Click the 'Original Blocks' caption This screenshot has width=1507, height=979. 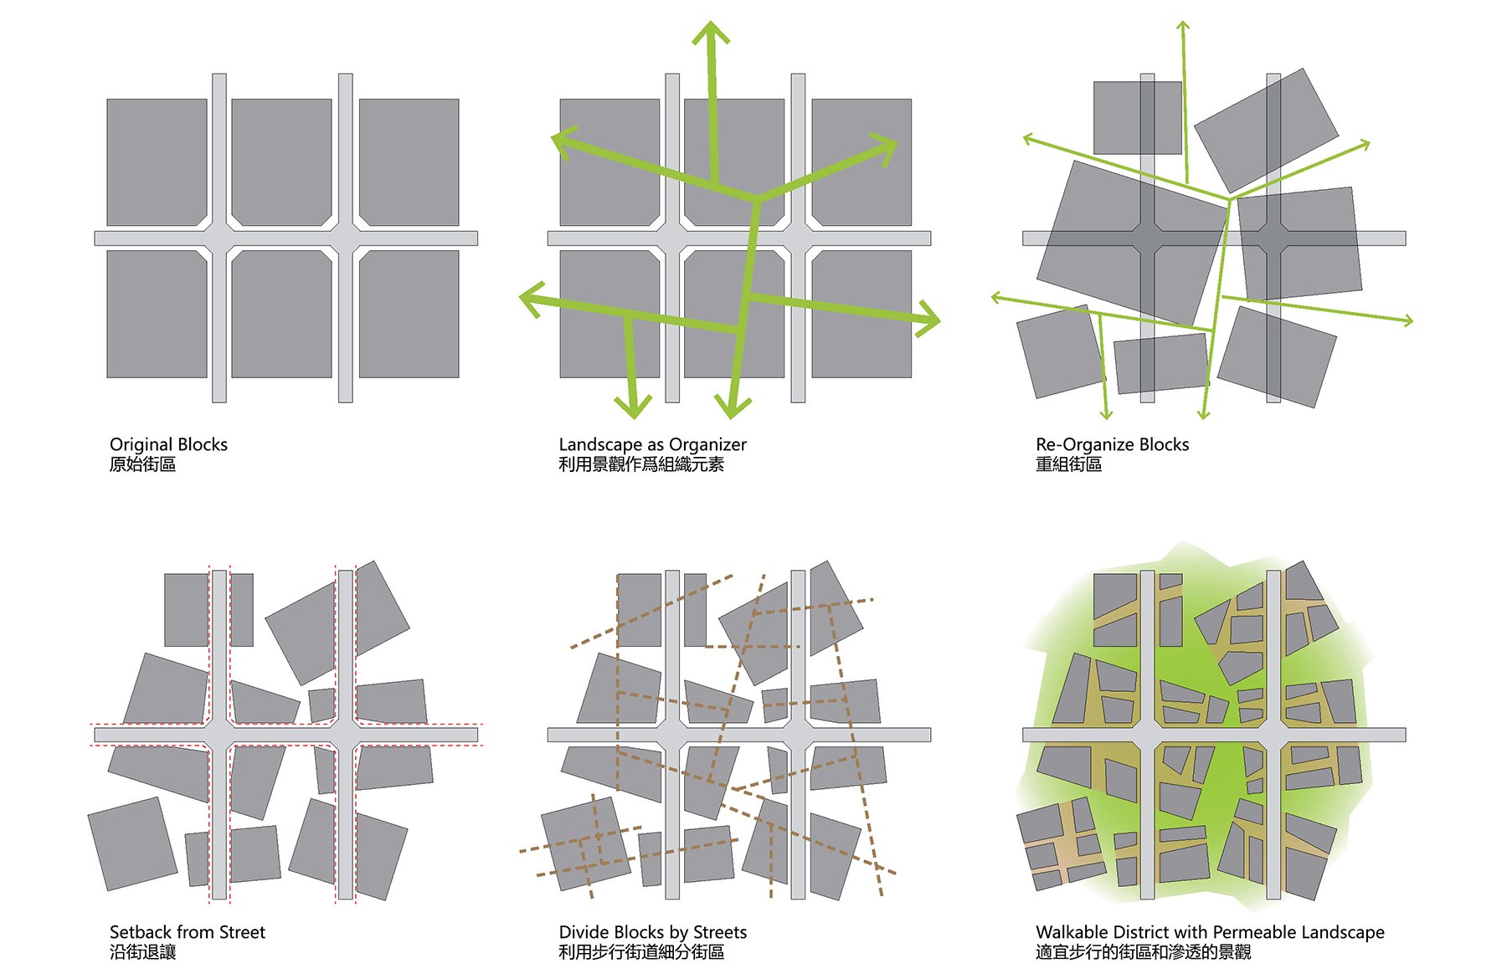168,444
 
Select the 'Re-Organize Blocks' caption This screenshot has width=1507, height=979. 1112,444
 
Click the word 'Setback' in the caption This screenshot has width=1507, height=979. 140,932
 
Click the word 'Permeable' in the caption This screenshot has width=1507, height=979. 1252,932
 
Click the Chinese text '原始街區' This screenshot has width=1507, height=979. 142,464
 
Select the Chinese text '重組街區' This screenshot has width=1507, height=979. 1068,464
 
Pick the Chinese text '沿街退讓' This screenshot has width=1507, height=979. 142,952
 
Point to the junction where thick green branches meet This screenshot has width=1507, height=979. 757,199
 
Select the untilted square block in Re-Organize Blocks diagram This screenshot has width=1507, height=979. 1138,118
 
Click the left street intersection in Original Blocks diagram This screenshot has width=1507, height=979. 219,238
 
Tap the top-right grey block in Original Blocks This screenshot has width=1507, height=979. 409,162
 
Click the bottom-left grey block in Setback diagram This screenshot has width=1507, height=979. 132,843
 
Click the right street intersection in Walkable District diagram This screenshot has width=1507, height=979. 1273,735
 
